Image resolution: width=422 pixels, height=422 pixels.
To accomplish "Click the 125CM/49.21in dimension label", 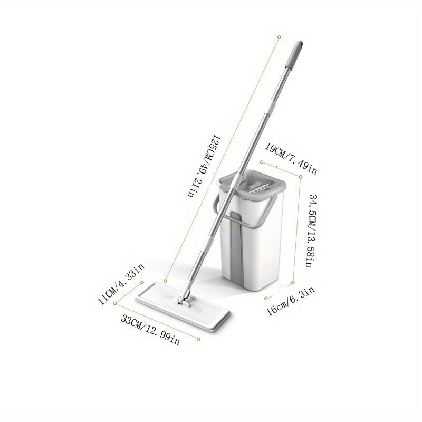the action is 205,166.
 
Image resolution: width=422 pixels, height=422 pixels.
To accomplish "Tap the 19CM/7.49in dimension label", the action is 291,159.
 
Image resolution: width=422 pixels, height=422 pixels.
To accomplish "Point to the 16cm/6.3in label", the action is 290,301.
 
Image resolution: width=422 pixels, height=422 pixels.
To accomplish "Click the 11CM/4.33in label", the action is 121,284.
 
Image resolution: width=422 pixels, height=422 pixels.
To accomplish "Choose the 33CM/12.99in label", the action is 150,330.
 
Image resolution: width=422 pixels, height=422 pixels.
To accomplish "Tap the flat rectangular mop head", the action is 183,306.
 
